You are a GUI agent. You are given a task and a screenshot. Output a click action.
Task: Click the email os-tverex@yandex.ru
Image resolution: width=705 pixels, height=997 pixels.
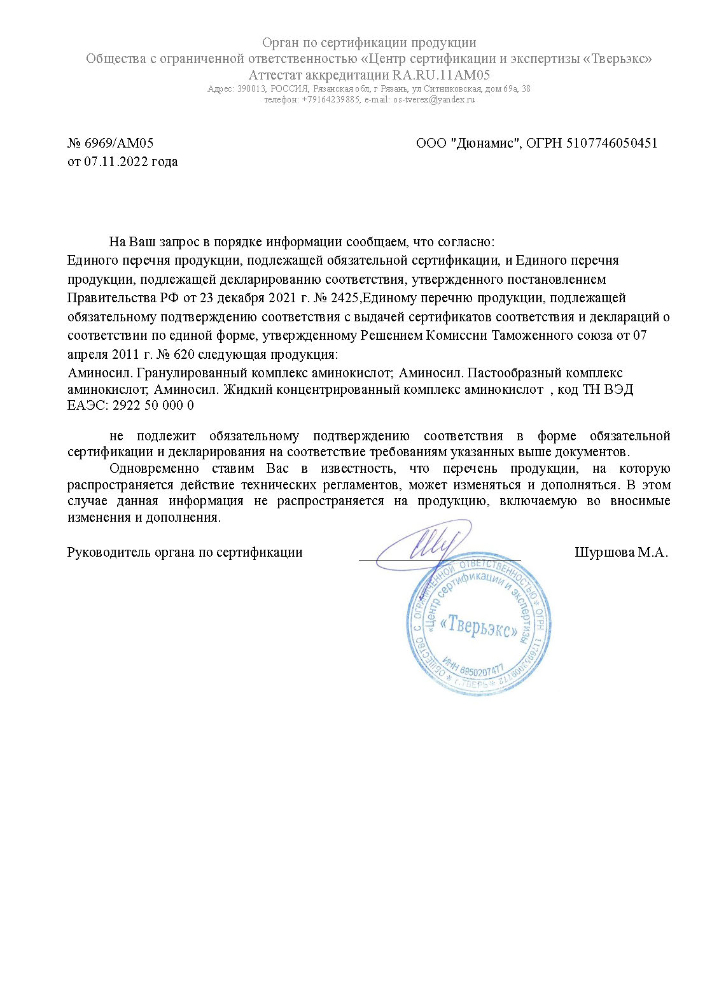pyautogui.click(x=434, y=100)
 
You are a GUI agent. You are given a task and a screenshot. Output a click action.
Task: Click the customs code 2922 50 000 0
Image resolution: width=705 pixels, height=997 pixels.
pyautogui.click(x=153, y=405)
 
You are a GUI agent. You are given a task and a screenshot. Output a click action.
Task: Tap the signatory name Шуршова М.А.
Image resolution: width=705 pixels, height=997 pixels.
pyautogui.click(x=621, y=552)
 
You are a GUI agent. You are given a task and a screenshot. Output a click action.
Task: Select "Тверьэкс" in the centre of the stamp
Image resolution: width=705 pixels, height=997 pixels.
pyautogui.click(x=478, y=626)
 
